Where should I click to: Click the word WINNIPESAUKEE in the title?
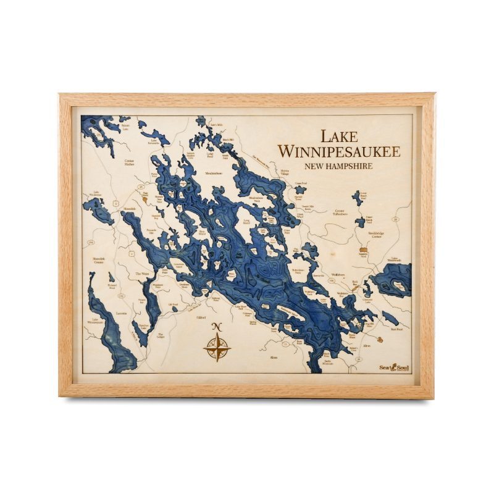pyautogui.click(x=338, y=151)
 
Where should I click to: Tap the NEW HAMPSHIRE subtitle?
pyautogui.click(x=338, y=166)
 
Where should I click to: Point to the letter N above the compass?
pyautogui.click(x=217, y=328)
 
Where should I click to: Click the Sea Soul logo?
pyautogui.click(x=394, y=366)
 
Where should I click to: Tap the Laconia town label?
pyautogui.click(x=121, y=313)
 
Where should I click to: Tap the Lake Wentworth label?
pyautogui.click(x=395, y=260)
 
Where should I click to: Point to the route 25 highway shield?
pyautogui.click(x=141, y=185)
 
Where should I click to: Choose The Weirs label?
pyautogui.click(x=142, y=274)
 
